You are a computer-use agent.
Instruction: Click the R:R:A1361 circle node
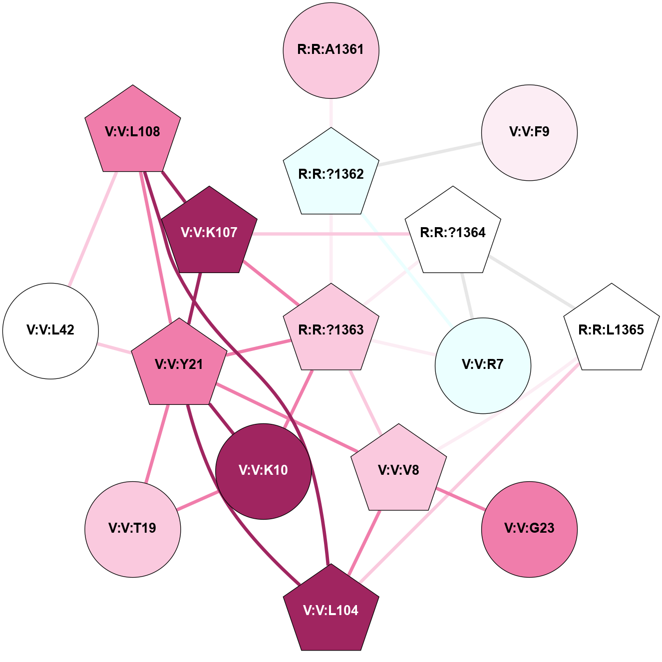click(331, 50)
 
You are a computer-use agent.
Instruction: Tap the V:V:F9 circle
click(529, 133)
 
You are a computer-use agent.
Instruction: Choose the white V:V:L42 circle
click(50, 331)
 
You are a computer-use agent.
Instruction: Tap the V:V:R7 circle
click(483, 365)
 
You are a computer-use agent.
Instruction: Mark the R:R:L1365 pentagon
click(611, 330)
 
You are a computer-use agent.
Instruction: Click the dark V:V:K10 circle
click(264, 471)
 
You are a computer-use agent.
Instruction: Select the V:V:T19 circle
click(133, 529)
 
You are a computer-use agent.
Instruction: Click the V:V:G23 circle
click(529, 529)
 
